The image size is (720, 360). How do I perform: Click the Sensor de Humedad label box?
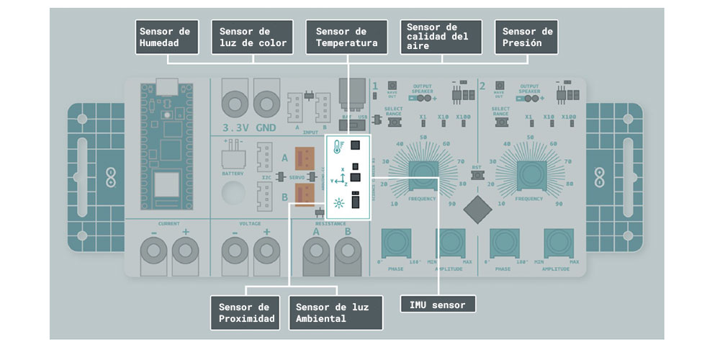click(168, 37)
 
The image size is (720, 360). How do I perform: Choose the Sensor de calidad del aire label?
click(441, 37)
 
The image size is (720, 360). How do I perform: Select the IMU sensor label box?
click(438, 305)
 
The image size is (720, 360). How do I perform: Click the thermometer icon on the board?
click(336, 148)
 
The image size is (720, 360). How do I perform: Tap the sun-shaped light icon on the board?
click(336, 204)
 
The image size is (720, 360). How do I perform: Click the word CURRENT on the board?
click(168, 224)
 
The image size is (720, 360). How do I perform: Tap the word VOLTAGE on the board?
click(249, 224)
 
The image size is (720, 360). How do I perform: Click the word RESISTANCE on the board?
click(332, 224)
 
